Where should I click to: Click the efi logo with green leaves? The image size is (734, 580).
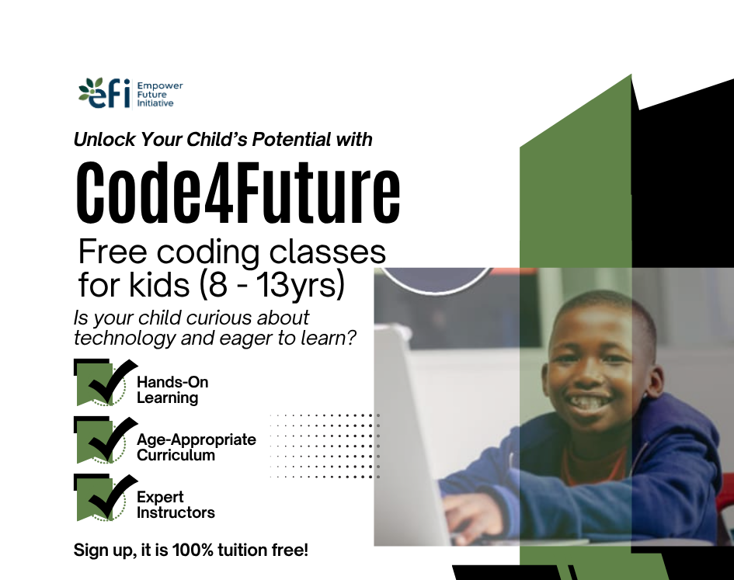(x=104, y=93)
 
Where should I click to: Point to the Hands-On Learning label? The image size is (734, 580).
(x=172, y=390)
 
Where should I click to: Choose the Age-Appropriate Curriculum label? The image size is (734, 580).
(x=196, y=447)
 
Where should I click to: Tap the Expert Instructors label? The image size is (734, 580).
(x=175, y=505)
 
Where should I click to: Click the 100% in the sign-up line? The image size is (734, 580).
(x=202, y=550)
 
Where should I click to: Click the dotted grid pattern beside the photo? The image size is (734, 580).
(x=325, y=446)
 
